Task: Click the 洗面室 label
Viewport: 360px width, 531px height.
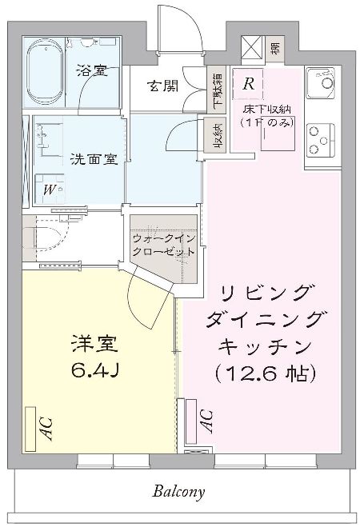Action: click(x=94, y=158)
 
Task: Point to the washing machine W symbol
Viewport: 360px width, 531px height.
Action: click(x=50, y=190)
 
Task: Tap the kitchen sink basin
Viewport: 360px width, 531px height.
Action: click(x=324, y=82)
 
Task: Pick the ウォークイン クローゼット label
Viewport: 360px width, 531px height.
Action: click(x=164, y=244)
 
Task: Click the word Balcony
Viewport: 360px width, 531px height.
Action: click(x=180, y=491)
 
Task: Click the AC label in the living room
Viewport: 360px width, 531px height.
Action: click(x=204, y=420)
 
